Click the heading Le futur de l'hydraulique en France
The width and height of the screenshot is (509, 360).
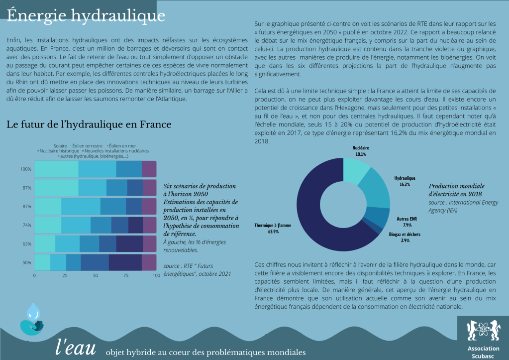(x=89, y=124)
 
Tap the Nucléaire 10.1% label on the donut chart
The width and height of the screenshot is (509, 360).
(x=360, y=151)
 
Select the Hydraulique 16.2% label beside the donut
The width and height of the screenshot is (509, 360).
(x=405, y=181)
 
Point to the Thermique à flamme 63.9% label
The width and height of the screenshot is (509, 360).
(x=273, y=228)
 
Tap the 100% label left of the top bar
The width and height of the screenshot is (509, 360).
(x=26, y=169)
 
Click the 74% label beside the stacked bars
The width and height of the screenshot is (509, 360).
(x=27, y=225)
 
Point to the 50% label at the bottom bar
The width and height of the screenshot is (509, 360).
(x=27, y=262)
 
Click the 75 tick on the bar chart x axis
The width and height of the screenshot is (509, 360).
(x=125, y=275)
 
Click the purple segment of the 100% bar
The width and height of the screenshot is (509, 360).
(x=149, y=169)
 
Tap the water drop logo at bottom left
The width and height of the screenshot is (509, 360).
(x=32, y=319)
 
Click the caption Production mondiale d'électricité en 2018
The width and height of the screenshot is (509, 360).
(x=455, y=189)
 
